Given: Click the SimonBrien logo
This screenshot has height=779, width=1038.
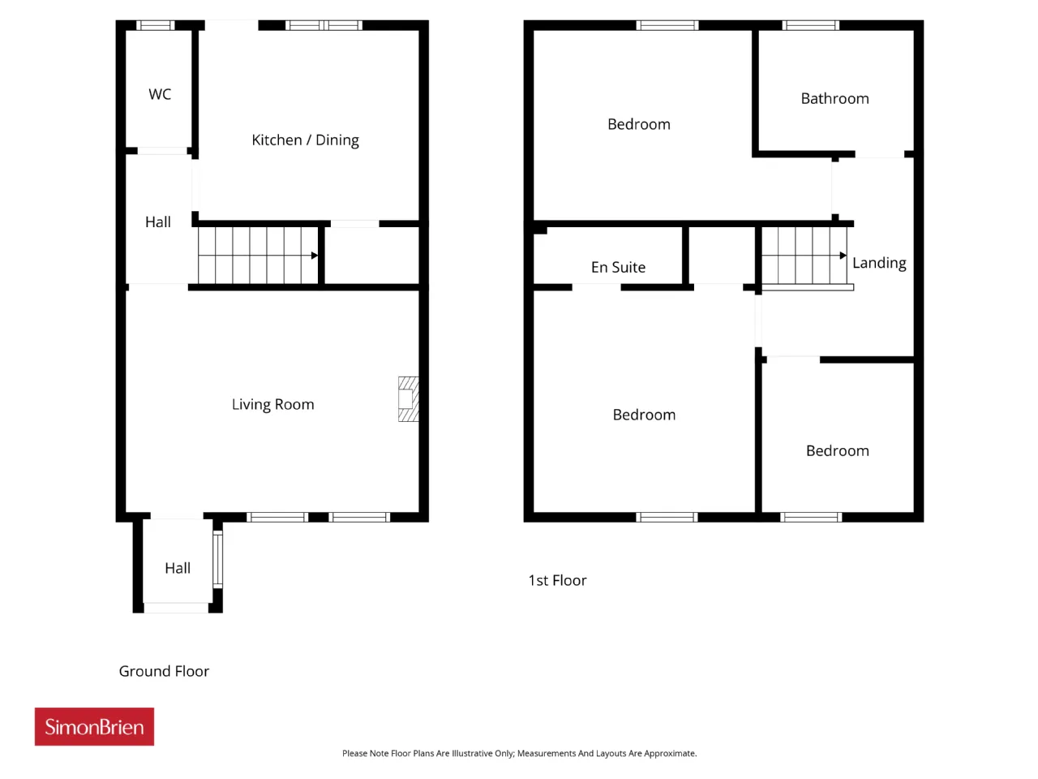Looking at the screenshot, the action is tap(94, 726).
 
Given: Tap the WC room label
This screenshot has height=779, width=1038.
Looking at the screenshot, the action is tap(160, 94).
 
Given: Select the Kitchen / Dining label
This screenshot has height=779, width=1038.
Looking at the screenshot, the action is tap(305, 140).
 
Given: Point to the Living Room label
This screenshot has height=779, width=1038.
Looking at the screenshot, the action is tap(272, 404).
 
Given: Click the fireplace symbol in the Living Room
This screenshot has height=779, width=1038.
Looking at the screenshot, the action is tap(408, 398).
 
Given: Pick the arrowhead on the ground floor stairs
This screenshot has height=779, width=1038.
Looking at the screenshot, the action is tap(315, 256).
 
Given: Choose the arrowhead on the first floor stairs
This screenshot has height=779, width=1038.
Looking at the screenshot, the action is tap(843, 256).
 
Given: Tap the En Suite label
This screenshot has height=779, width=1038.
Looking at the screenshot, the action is tap(618, 267).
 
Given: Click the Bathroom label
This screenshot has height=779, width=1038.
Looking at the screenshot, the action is tap(834, 98).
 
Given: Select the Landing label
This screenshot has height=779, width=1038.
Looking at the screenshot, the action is tap(879, 263).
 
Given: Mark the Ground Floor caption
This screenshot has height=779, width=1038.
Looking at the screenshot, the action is tap(164, 671).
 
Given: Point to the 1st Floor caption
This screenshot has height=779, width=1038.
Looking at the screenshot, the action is tap(557, 580).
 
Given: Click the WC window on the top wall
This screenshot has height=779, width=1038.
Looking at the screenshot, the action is tap(156, 25).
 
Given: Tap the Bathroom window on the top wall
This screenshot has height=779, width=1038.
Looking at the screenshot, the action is tap(811, 25).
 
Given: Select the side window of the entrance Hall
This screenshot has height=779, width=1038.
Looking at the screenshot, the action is tap(217, 560).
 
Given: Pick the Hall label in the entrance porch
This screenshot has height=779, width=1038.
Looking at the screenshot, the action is tap(178, 568).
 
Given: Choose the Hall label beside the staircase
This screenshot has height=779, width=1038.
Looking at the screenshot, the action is tap(157, 222).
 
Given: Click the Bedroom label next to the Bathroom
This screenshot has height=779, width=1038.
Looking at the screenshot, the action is tap(639, 124).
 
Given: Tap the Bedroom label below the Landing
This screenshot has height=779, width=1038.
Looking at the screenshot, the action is tap(838, 450).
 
